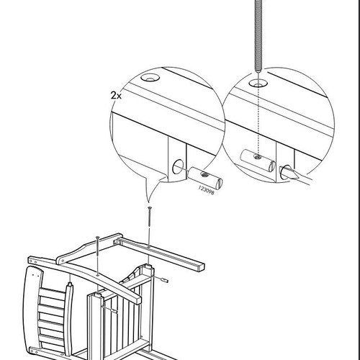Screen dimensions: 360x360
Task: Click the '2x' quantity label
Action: (116, 96)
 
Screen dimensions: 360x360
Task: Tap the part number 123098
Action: (206, 190)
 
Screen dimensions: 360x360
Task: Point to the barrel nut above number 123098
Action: (205, 178)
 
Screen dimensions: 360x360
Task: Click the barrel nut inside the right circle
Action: (258, 161)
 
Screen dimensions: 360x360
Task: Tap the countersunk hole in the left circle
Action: (150, 78)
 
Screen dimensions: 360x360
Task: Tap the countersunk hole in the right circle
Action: (258, 84)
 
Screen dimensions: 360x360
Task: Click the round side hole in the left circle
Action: (178, 166)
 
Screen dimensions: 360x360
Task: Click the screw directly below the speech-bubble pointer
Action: (150, 216)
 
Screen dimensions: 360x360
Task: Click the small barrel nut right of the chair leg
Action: (164, 280)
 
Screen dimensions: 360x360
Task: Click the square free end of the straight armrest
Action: (201, 266)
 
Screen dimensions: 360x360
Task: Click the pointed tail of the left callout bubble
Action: (148, 201)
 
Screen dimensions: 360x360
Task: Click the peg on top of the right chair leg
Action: (149, 266)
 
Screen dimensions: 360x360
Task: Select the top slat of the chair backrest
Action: (53, 294)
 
